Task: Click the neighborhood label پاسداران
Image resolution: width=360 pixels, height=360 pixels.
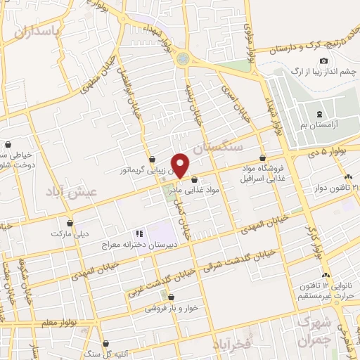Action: pyautogui.click(x=34, y=32)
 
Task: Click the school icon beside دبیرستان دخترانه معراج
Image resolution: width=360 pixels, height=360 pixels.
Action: pyautogui.click(x=139, y=233)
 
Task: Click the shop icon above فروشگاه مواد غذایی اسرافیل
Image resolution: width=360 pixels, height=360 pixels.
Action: pyautogui.click(x=262, y=158)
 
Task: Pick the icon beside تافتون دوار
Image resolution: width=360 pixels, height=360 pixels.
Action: pyautogui.click(x=349, y=176)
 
